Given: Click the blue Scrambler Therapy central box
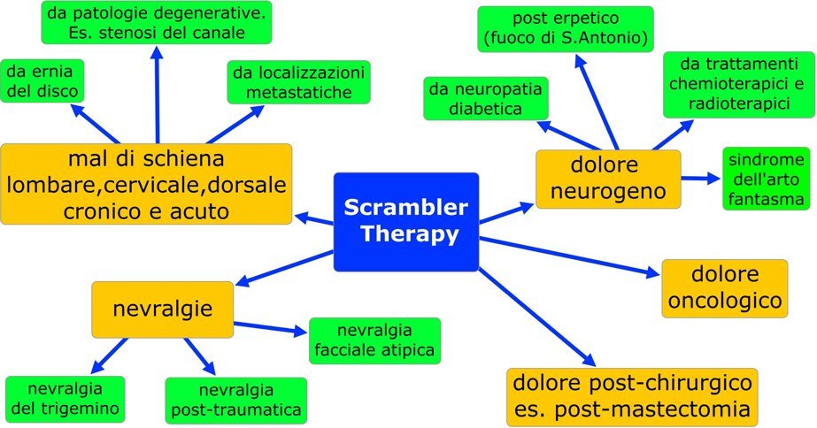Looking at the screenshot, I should [405, 221].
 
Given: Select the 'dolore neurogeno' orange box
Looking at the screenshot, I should [607, 179].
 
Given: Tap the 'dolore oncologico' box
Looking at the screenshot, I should [724, 287].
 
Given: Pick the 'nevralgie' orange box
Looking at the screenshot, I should [163, 309].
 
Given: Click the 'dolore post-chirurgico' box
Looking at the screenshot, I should [632, 396].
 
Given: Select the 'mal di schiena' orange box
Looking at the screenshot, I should [146, 184].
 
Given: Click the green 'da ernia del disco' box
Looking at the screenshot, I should [42, 80].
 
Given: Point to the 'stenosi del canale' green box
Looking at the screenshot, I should [156, 23].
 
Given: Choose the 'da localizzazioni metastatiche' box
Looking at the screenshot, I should [297, 81].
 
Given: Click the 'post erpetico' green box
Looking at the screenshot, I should [565, 28].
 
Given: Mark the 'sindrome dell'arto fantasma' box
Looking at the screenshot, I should [766, 179].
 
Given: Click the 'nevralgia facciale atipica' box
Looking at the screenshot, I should [374, 340].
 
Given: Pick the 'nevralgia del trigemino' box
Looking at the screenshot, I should [65, 400].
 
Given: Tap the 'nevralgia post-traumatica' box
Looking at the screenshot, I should [235, 401].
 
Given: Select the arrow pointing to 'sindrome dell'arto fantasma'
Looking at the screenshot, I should [699, 178].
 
